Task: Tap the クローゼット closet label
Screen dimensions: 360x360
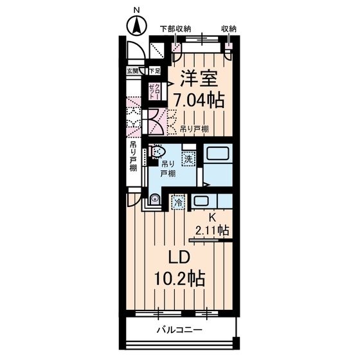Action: [x=156, y=90]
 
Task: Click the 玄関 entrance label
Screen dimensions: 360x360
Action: [x=132, y=71]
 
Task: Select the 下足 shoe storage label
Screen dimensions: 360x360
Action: [x=154, y=71]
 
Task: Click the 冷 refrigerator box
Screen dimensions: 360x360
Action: [x=178, y=203]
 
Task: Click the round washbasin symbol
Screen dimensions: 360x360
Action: [x=154, y=200]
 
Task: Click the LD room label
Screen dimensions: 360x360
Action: [x=179, y=256]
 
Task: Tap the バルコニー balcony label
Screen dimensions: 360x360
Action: [x=180, y=330]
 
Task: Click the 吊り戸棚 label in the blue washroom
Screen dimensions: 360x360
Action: [x=168, y=170]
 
